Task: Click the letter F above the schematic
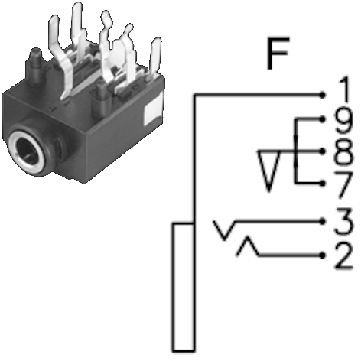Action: coord(278,54)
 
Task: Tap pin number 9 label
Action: coord(343,122)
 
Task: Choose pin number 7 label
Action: coord(343,185)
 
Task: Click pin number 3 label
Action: coord(343,221)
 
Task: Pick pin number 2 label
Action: coord(343,256)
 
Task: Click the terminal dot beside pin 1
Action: coord(323,95)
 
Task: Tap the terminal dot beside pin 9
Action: coord(323,119)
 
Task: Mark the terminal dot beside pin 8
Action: coord(323,151)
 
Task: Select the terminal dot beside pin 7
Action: coord(323,184)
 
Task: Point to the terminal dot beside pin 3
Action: coord(323,221)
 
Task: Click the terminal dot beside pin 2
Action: coord(323,255)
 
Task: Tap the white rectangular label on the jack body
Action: coord(153,112)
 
